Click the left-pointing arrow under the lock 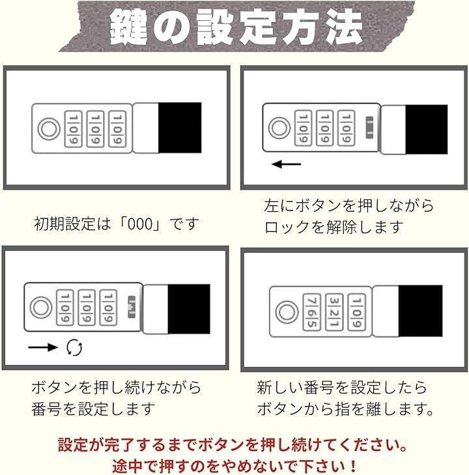tap(286, 164)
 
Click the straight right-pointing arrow tap(43, 347)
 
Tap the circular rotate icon tap(74, 347)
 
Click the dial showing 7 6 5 tap(312, 312)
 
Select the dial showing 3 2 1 tap(334, 312)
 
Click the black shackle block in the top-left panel tap(180, 128)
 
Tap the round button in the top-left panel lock tap(49, 129)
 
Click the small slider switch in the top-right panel tap(369, 127)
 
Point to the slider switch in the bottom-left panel tap(132, 307)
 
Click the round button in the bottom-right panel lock tap(287, 312)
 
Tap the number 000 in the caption tap(139, 224)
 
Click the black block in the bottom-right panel tap(420, 311)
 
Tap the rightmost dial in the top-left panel tap(117, 129)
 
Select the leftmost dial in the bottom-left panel tap(65, 308)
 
